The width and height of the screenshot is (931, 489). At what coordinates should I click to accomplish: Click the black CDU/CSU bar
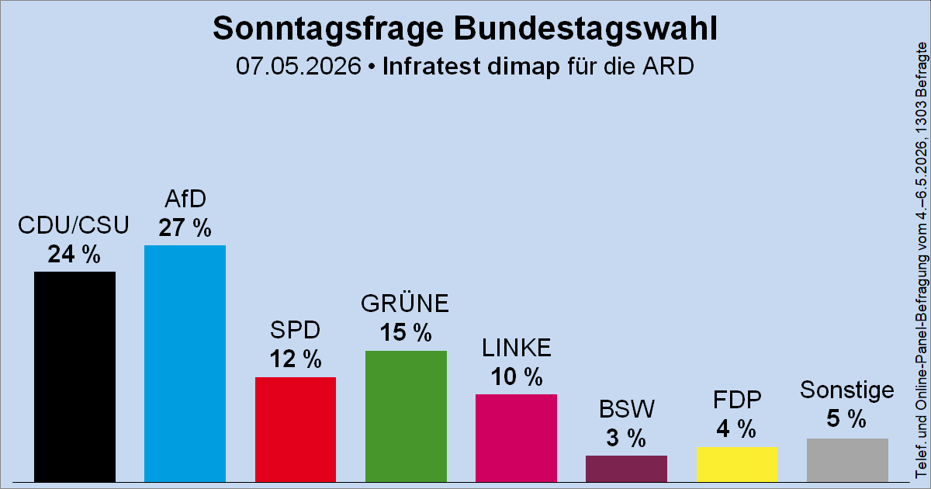(x=74, y=376)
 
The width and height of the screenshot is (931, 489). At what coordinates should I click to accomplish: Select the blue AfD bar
(x=185, y=363)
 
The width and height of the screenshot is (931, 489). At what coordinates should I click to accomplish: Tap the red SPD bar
(x=296, y=429)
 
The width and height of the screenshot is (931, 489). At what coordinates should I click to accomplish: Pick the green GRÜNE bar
(x=406, y=416)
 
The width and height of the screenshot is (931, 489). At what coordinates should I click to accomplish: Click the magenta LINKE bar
(x=516, y=439)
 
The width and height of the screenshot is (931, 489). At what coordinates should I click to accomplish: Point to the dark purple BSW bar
(x=626, y=469)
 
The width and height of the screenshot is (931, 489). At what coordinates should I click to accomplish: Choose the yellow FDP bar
(x=737, y=464)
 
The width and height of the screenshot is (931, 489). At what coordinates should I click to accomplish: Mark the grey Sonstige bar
(x=847, y=460)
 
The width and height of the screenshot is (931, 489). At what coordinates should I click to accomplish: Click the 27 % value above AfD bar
(x=185, y=228)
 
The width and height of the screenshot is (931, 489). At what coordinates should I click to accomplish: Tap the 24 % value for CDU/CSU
(x=74, y=254)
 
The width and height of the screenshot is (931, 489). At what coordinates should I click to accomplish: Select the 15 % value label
(x=406, y=333)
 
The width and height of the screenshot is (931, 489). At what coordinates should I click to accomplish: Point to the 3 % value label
(x=626, y=438)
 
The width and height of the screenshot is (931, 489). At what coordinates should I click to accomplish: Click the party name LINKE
(x=516, y=348)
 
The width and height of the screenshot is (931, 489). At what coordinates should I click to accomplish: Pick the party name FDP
(x=737, y=400)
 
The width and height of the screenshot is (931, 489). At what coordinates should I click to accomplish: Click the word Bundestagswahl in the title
(x=585, y=29)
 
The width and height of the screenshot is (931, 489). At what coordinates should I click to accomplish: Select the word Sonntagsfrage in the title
(x=328, y=29)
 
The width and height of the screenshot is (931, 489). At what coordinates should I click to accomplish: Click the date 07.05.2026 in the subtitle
(x=299, y=66)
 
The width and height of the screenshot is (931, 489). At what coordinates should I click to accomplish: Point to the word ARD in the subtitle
(x=668, y=66)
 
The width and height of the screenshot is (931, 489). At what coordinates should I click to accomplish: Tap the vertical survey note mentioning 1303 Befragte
(x=922, y=260)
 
